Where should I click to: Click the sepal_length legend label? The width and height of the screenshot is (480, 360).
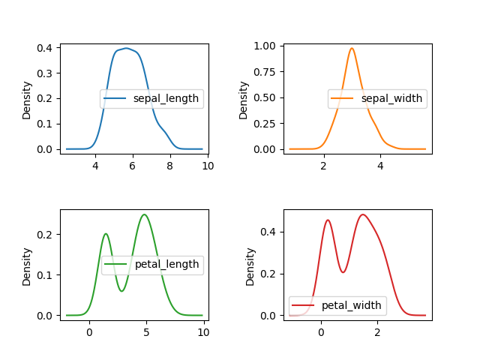(x=165, y=99)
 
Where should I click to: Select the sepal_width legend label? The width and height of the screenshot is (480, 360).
(x=392, y=99)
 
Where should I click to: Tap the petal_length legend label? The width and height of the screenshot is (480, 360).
(x=166, y=264)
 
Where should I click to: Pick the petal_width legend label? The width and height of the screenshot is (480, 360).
(x=352, y=305)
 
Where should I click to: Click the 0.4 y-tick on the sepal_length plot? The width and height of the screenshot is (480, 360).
(x=44, y=48)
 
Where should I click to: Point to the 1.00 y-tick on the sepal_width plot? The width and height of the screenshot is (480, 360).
(x=264, y=46)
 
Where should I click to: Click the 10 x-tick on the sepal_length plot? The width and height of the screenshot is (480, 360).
(x=208, y=166)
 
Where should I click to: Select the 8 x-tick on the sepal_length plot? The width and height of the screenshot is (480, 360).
(x=170, y=166)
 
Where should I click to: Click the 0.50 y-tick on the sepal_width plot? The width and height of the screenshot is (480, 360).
(x=264, y=97)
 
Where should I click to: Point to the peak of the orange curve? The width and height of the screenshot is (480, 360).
(x=351, y=48)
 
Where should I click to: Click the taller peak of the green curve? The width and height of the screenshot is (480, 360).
(x=144, y=214)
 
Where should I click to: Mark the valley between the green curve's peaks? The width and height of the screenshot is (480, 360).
(x=121, y=291)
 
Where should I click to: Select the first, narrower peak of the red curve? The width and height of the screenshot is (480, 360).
(x=328, y=220)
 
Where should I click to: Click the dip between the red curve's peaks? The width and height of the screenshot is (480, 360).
(x=343, y=271)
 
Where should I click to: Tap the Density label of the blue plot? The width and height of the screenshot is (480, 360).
(x=27, y=100)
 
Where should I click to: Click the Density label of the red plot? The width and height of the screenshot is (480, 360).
(x=250, y=266)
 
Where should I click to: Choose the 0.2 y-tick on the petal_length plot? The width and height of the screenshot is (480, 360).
(x=44, y=235)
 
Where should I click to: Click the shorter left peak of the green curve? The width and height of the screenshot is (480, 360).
(x=106, y=233)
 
